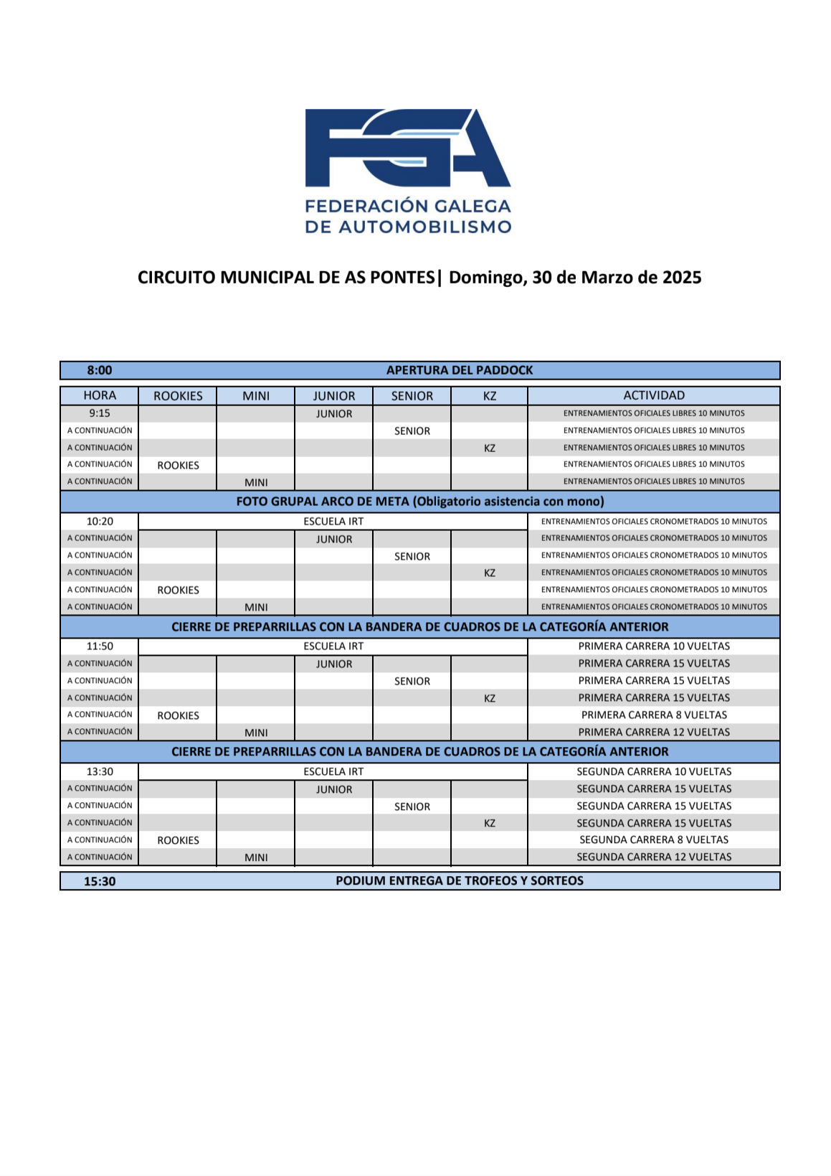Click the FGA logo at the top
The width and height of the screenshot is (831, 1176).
[407, 148]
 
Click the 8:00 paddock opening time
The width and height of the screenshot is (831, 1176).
[100, 370]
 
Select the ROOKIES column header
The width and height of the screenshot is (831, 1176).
[178, 396]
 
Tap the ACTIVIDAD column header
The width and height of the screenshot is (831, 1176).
[654, 395]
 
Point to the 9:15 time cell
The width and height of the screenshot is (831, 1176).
[100, 413]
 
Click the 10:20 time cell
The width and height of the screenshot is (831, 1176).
[100, 522]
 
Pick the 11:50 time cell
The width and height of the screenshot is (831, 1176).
[100, 646]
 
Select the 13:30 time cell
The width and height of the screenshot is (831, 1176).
[100, 772]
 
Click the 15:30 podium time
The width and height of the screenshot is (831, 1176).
[100, 881]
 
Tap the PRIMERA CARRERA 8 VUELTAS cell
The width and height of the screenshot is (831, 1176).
[654, 715]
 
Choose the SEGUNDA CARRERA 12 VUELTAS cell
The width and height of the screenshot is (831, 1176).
[654, 857]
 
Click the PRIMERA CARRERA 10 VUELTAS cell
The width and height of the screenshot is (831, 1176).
[654, 646]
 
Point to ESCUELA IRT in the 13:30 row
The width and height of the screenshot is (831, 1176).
[333, 772]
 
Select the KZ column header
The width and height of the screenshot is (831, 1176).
[490, 396]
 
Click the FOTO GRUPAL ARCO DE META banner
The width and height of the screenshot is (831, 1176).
[420, 502]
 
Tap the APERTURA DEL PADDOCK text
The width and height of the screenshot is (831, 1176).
[460, 370]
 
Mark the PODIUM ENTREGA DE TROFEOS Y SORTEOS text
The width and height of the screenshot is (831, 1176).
[460, 881]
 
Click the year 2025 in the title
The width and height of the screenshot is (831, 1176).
[682, 278]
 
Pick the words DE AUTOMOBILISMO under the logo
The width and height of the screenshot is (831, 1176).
[408, 227]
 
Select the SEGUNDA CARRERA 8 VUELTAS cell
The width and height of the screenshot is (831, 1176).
[654, 840]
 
